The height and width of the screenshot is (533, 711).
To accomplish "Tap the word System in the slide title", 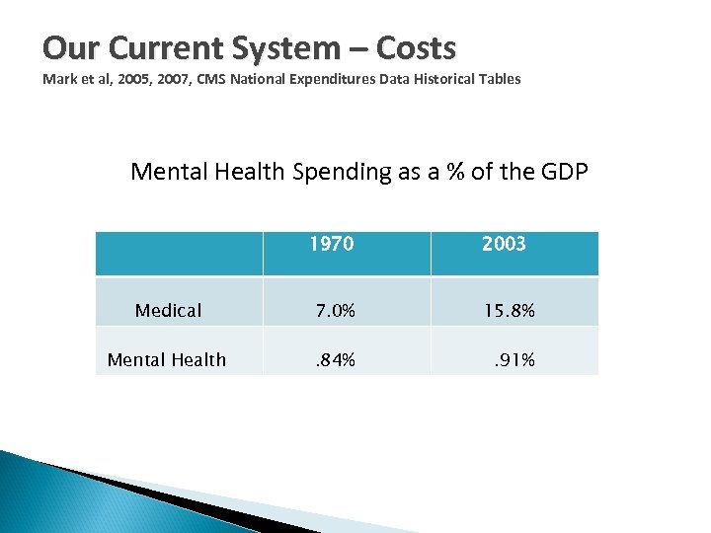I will click(270, 47).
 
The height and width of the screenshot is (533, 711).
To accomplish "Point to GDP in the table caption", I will click(565, 172).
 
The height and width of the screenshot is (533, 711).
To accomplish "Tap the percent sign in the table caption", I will click(454, 172).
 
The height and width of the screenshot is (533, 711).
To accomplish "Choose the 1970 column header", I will click(331, 244).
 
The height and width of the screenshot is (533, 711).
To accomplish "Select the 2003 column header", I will click(504, 244).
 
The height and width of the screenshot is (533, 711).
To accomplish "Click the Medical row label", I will click(168, 311).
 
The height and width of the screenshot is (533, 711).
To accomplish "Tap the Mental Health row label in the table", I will click(166, 360).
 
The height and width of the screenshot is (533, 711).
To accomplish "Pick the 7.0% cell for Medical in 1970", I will click(334, 311).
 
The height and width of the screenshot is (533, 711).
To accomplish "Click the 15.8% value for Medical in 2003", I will click(509, 311).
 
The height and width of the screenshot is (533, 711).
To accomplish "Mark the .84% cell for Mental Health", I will click(334, 360).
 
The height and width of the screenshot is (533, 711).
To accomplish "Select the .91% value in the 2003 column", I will click(513, 360).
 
